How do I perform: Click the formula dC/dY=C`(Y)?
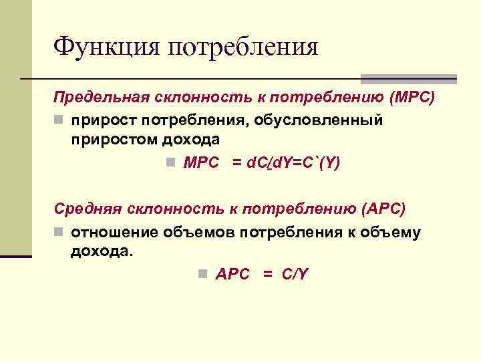click(x=286, y=163)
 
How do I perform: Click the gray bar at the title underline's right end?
click(x=409, y=79)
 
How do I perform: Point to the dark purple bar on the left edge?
click(x=16, y=255)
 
